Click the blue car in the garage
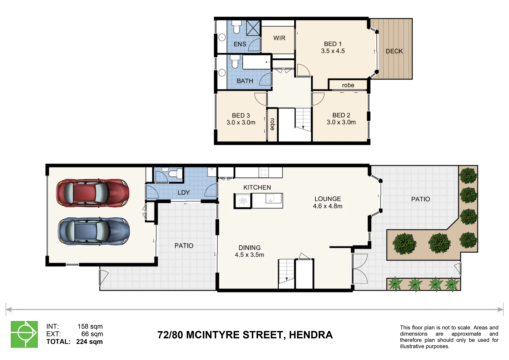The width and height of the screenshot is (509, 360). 94,231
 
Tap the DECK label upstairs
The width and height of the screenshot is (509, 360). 394,51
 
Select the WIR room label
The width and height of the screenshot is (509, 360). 279,38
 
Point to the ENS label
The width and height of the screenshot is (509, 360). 240,44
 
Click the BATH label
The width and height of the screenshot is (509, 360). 245,81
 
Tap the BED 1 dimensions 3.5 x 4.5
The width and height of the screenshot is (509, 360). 333,51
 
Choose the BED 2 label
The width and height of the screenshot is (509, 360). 341,115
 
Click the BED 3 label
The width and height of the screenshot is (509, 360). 241,115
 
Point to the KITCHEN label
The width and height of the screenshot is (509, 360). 257,187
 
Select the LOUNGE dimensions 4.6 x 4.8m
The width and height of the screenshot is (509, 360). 327,206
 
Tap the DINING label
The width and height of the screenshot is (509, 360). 249,248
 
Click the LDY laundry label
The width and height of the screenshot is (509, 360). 183,193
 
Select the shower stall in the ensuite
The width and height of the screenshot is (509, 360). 253,27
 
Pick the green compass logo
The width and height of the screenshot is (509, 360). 24,334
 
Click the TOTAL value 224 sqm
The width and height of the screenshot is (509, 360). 89,342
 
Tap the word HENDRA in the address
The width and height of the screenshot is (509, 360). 311,335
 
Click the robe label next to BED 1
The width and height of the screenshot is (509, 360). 348,85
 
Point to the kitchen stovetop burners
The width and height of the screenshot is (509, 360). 263,172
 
